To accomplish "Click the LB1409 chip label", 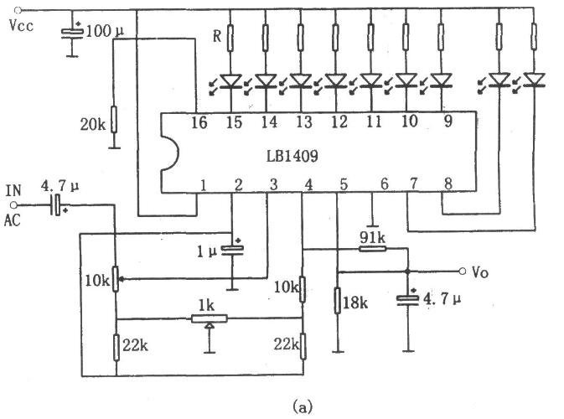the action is point(292,156).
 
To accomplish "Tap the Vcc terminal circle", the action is point(18,11).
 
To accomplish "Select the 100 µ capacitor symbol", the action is point(72,33).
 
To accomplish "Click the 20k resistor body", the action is point(114,119).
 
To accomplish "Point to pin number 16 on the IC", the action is point(199,122).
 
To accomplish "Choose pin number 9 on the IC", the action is point(448,122).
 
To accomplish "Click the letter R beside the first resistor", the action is point(217,36).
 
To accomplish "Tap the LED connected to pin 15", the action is point(230,80).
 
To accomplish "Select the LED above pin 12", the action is point(336,80).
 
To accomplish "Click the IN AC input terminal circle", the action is point(13,205).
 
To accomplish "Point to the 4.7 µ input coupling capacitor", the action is point(57,204).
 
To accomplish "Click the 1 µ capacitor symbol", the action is point(232,249).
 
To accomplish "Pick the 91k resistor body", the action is point(373,248).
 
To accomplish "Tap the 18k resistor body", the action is point(337,300).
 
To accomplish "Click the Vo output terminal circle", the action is point(463,272).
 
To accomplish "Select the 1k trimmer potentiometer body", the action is point(210,318).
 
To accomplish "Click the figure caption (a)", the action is point(303,407).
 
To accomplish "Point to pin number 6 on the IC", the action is point(384,184).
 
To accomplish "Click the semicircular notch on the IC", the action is point(173,153).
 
